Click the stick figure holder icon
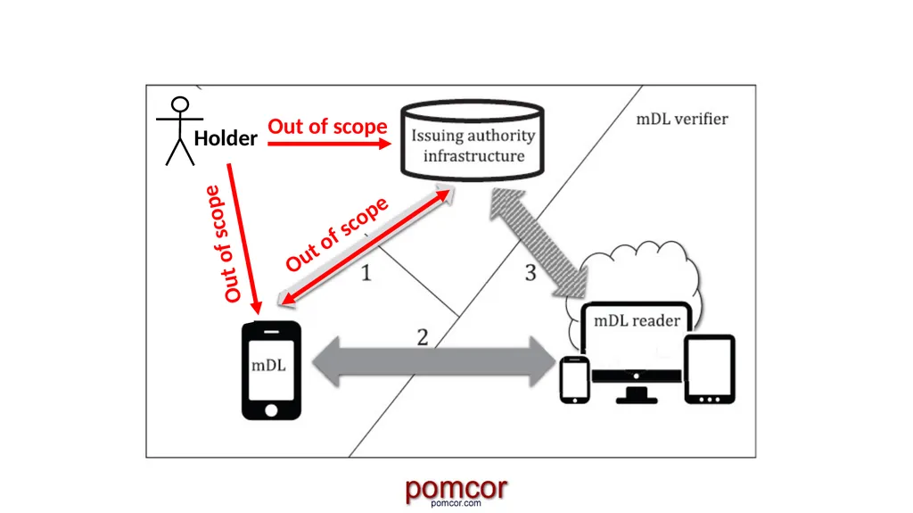point(180,131)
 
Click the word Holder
point(226,138)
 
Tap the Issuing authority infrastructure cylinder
point(473,140)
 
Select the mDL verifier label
point(682,119)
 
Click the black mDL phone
point(271,370)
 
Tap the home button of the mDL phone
point(271,410)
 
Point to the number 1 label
point(366,272)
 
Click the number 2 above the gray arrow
point(423,337)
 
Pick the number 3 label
point(530,272)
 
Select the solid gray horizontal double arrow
point(434,361)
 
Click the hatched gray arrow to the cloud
point(538,242)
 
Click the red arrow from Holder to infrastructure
point(329,144)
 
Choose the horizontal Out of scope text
point(327,126)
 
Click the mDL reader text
point(637,320)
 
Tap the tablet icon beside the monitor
point(709,369)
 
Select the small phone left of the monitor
point(575,380)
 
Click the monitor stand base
point(637,398)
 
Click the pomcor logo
point(456,489)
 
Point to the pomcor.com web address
point(456,503)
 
